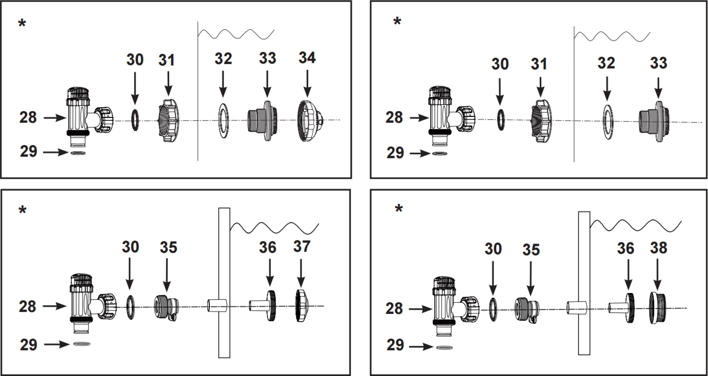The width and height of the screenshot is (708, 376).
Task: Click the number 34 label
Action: tap(307, 58)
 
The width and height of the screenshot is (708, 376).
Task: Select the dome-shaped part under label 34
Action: tap(310, 121)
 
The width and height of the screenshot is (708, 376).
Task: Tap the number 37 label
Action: tap(302, 246)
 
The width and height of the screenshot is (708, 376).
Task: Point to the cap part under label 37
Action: tap(302, 305)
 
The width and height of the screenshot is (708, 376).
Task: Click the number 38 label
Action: tap(658, 248)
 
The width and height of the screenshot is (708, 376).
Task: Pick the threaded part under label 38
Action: tap(658, 308)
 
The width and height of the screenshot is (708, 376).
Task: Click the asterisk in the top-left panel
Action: tap(22, 23)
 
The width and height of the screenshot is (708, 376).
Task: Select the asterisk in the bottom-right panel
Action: tap(399, 209)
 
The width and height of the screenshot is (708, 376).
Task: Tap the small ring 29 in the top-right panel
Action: tap(440, 153)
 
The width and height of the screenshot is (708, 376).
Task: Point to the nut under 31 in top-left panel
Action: tap(168, 120)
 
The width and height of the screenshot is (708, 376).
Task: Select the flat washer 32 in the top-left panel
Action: tap(223, 120)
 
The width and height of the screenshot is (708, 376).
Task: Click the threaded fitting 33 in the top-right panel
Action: tap(654, 121)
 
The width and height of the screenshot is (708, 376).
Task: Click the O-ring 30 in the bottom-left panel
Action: tap(130, 307)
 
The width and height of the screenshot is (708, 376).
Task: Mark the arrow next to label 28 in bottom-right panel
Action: tap(420, 309)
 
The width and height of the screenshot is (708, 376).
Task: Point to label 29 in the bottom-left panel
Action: tap(29, 345)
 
